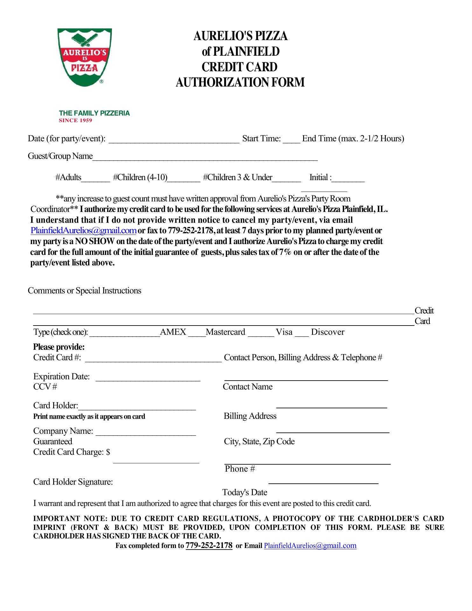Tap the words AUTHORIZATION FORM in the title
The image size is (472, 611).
coord(240,82)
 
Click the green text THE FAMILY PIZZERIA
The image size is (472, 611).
coord(94,113)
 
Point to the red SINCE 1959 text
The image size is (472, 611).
coord(75,120)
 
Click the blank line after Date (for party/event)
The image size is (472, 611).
coord(174,140)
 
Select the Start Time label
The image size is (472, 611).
coord(261,138)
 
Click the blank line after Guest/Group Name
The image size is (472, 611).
coord(205,158)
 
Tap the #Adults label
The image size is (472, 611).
coord(68,177)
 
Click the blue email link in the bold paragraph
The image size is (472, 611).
coord(83,230)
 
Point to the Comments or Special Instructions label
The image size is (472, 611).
coord(84,291)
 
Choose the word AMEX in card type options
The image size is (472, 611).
coord(173,332)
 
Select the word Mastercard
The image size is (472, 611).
coord(225,332)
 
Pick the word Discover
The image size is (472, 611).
coord(328,332)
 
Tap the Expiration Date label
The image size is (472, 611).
coord(61,376)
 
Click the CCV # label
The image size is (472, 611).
coord(45,387)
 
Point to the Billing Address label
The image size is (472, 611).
coord(250,416)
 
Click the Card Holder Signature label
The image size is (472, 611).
coord(73,482)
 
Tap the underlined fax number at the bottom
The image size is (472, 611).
coord(209,545)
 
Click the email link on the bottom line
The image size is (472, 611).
coord(310,546)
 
